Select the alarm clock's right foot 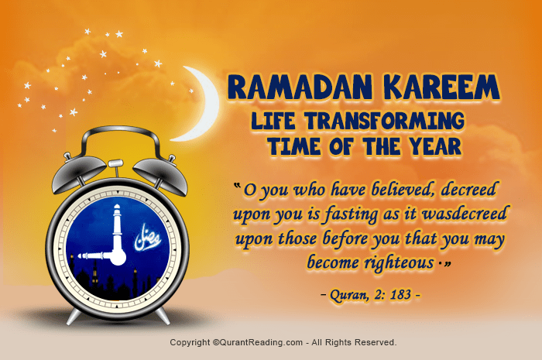coord(163,315)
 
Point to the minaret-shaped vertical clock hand coord(117,225)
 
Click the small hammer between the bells coord(115,164)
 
